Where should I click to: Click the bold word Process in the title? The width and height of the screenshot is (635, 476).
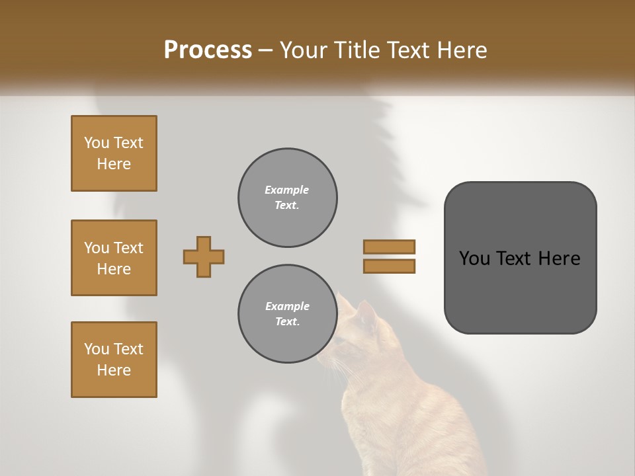[x=208, y=50]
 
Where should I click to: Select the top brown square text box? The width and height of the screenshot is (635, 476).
[x=114, y=153]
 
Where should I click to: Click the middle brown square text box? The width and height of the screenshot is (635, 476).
[x=114, y=258]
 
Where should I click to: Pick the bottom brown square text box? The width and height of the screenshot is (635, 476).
[x=114, y=360]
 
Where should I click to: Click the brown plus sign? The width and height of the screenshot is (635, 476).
[x=204, y=257]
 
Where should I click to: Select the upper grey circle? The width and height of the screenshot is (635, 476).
[x=287, y=198]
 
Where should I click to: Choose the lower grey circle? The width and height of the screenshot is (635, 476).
[x=287, y=314]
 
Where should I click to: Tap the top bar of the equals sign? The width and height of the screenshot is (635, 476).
[x=389, y=247]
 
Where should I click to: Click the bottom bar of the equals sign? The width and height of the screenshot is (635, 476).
[x=389, y=266]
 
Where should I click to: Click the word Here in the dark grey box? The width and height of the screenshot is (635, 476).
[x=559, y=258]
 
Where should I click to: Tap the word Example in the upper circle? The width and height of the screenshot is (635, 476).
[x=287, y=190]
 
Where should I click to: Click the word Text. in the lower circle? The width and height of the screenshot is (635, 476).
[x=287, y=322]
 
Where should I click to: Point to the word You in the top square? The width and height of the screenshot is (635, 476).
[x=96, y=143]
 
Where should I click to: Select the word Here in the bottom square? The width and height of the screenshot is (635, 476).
[x=114, y=370]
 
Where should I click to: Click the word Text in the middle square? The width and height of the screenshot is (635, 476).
[x=128, y=248]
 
